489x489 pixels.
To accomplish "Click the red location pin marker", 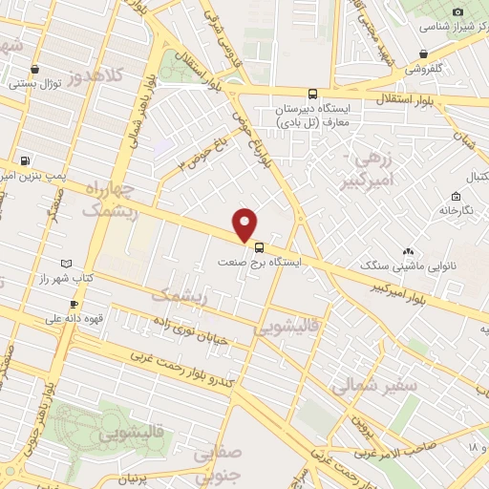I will pyautogui.click(x=246, y=224).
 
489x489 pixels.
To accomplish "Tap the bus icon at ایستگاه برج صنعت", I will pyautogui.click(x=261, y=245).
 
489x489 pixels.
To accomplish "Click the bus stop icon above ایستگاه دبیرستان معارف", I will pyautogui.click(x=313, y=94).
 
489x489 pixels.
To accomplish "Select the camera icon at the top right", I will pyautogui.click(x=457, y=11).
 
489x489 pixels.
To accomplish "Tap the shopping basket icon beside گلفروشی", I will pyautogui.click(x=423, y=54).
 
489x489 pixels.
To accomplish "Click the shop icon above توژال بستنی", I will pyautogui.click(x=35, y=69).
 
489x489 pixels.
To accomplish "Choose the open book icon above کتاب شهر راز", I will pyautogui.click(x=65, y=263).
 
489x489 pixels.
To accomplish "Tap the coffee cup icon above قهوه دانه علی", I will pyautogui.click(x=60, y=304).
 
